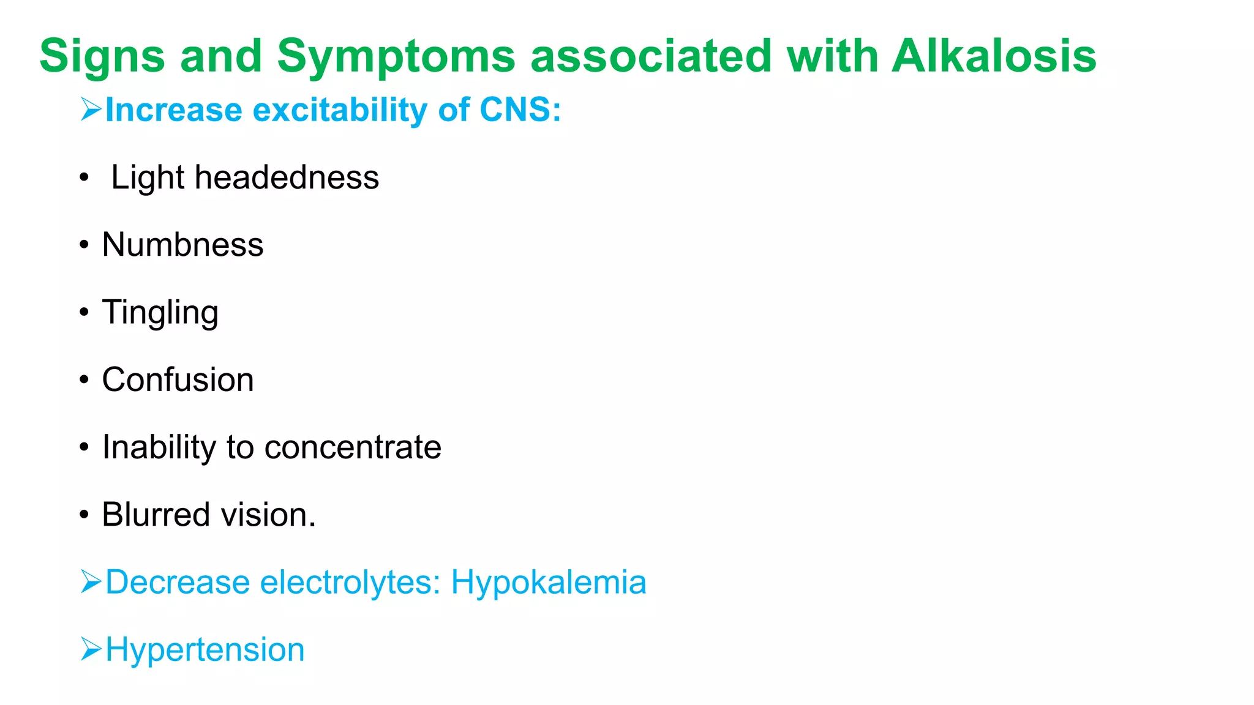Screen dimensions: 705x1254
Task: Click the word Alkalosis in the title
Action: pos(993,56)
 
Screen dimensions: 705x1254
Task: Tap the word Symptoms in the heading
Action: pos(396,56)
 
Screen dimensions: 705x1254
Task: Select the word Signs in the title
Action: pos(102,56)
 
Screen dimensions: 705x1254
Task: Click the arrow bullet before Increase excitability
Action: pos(91,110)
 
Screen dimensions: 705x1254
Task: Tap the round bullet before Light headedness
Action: pos(84,178)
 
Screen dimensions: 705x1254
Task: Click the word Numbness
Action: pos(182,245)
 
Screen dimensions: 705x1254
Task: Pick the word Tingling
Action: pos(160,313)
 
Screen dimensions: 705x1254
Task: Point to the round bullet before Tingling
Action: pos(84,313)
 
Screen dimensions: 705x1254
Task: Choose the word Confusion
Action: pos(178,379)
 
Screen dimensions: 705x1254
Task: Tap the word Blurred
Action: pos(156,515)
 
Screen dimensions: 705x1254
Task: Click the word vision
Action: pos(268,515)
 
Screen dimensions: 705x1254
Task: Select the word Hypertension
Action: pos(205,649)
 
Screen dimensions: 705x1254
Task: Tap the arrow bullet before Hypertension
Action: pos(91,649)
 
